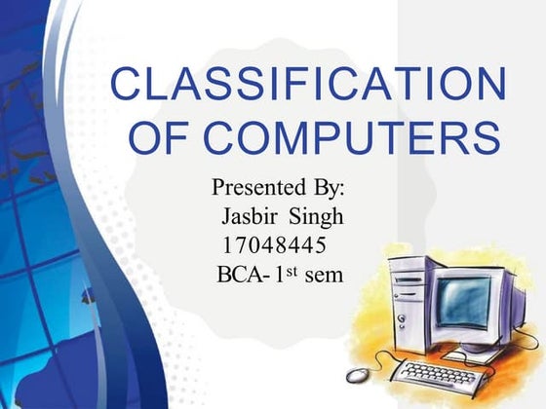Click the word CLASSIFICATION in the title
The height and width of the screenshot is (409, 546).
(x=307, y=85)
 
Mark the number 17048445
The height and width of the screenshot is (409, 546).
(x=273, y=242)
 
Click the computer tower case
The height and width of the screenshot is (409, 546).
(x=409, y=307)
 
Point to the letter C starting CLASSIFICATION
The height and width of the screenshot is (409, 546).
(x=128, y=85)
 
